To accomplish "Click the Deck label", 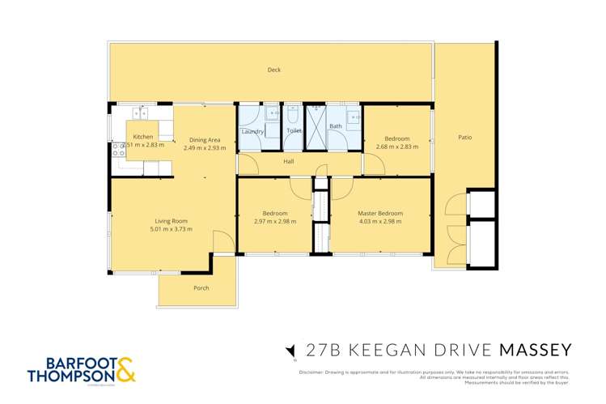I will [x=274, y=70].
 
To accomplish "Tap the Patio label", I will [x=464, y=138].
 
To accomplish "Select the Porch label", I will [x=201, y=288].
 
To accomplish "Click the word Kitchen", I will [x=143, y=137].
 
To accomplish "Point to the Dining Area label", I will [x=201, y=139].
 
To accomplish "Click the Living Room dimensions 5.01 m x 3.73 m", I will [x=172, y=229].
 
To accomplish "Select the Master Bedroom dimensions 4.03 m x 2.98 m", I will [x=380, y=222].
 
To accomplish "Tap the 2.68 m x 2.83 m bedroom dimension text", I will [x=396, y=147].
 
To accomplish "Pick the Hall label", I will [x=288, y=161].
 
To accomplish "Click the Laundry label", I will [x=252, y=131].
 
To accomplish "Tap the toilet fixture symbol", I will [x=292, y=116].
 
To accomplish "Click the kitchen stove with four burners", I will [x=119, y=149].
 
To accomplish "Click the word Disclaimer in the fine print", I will [x=311, y=372].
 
